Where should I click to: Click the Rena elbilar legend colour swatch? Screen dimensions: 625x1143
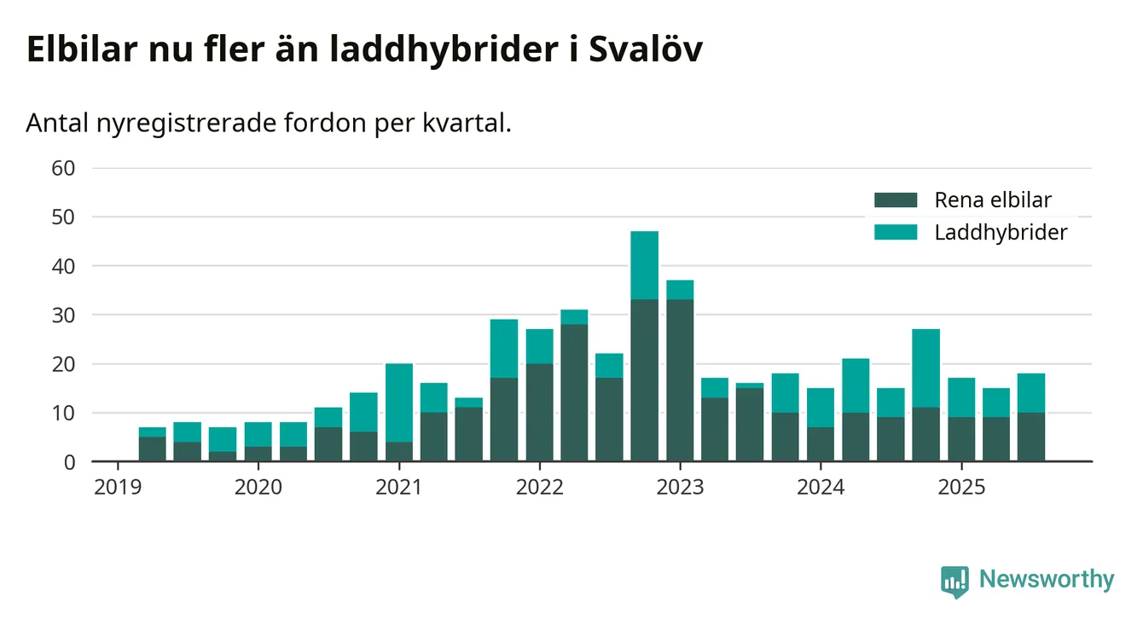pyautogui.click(x=895, y=200)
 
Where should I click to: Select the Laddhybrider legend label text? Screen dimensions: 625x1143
pyautogui.click(x=1001, y=232)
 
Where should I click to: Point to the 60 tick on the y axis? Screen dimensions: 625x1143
pyautogui.click(x=64, y=168)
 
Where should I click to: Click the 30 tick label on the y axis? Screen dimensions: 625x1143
pyautogui.click(x=64, y=315)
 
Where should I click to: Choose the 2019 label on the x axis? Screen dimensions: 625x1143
pyautogui.click(x=118, y=488)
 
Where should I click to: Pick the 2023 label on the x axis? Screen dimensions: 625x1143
pyautogui.click(x=680, y=488)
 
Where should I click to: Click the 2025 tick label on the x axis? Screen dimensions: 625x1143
pyautogui.click(x=961, y=488)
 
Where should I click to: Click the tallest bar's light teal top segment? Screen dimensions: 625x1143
pyautogui.click(x=644, y=265)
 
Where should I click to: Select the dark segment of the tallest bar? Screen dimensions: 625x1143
pyautogui.click(x=644, y=380)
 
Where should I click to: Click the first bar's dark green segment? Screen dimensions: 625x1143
pyautogui.click(x=153, y=449)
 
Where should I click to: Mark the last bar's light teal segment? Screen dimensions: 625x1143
pyautogui.click(x=1031, y=393)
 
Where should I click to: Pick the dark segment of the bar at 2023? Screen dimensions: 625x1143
pyautogui.click(x=680, y=380)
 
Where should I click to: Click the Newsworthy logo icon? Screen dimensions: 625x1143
pyautogui.click(x=954, y=581)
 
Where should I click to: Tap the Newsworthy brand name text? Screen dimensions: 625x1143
pyautogui.click(x=1047, y=580)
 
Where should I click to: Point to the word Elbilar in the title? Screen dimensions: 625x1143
pyautogui.click(x=79, y=50)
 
